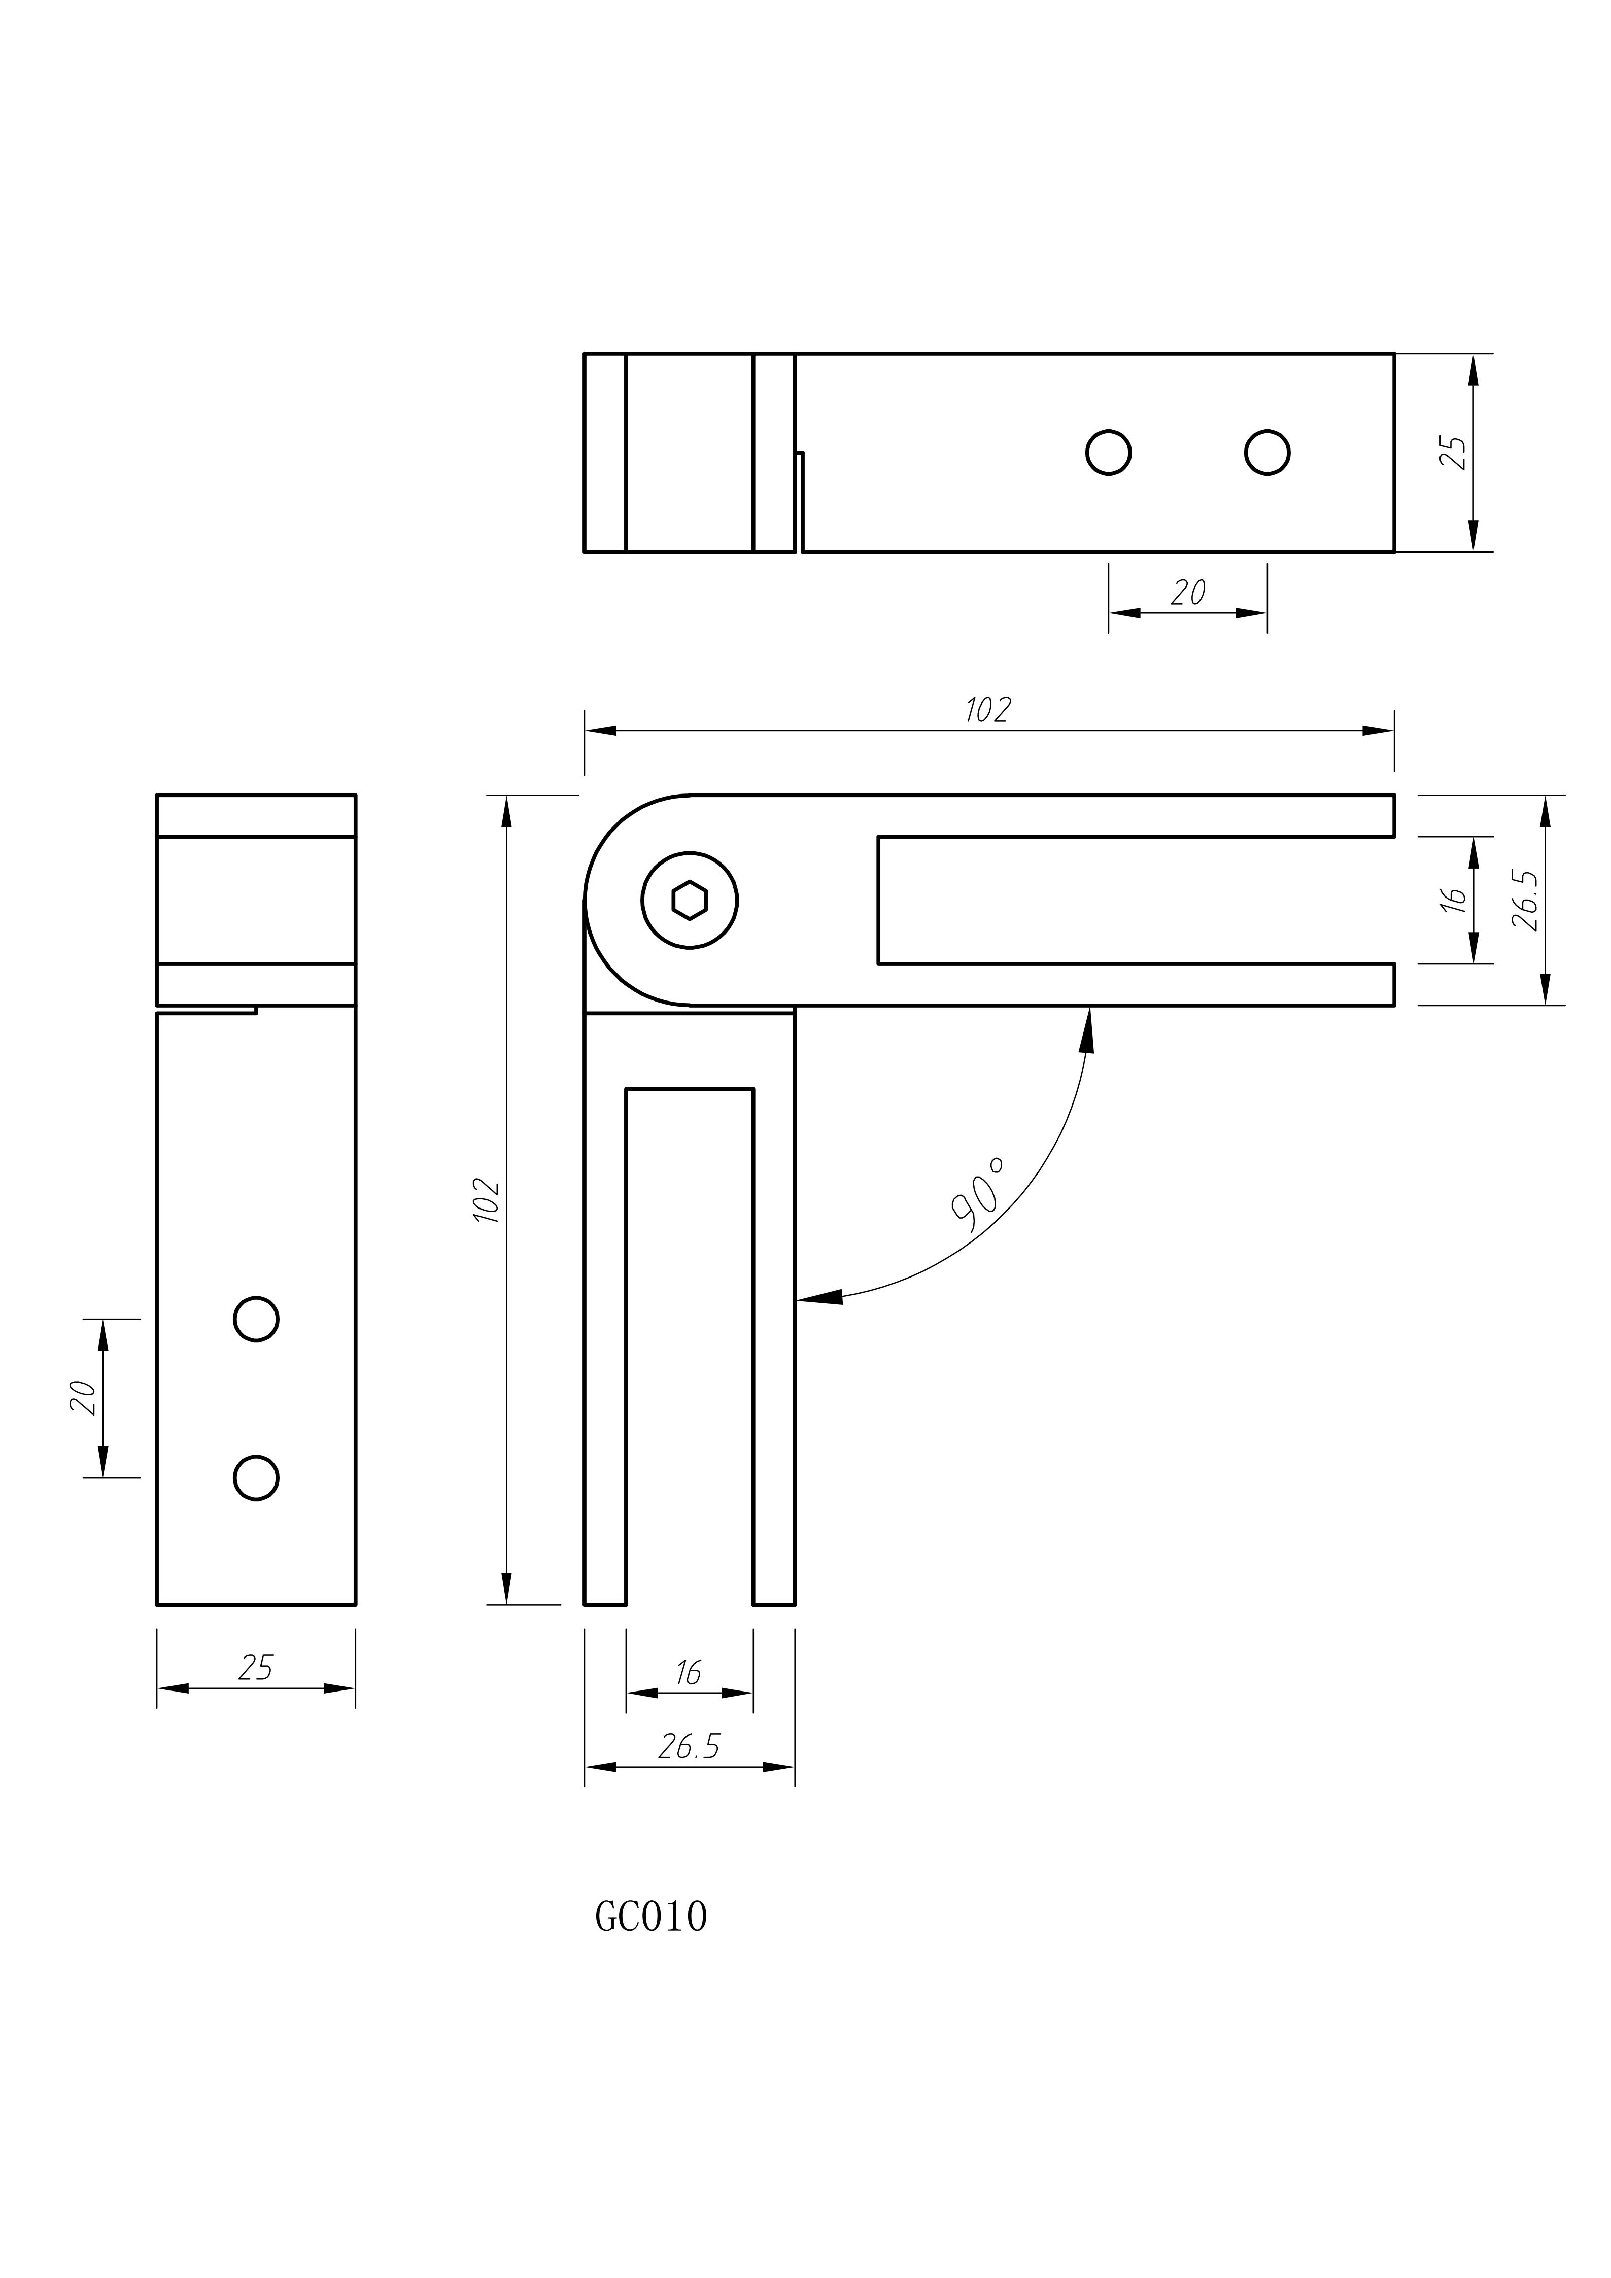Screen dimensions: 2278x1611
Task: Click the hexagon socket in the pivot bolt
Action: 690,901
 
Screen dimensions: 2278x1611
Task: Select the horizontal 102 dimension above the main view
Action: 988,710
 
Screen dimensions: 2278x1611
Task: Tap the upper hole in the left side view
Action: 256,1320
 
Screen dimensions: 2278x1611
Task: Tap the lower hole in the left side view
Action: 256,1478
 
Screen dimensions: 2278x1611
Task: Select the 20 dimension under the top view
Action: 1187,593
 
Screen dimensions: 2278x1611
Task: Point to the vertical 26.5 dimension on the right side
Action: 1525,900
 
